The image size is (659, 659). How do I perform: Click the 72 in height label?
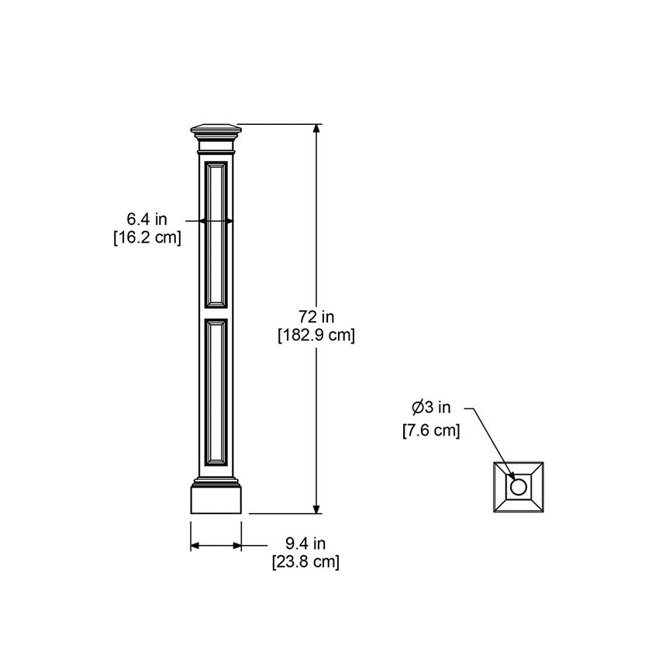pos(316,316)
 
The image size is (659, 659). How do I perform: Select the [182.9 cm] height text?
pos(316,335)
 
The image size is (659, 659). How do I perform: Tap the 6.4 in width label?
pos(147,220)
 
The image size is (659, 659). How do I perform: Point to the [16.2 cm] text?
pos(147,238)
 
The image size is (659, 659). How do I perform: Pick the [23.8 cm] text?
pos(305,562)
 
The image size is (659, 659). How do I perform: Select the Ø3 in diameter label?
pos(431,408)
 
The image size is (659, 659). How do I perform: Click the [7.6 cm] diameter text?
pos(431,430)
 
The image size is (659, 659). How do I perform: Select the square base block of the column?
pos(216,499)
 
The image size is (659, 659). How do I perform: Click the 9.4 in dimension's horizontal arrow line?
pos(216,546)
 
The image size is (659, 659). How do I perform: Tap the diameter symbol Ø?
pos(417,408)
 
